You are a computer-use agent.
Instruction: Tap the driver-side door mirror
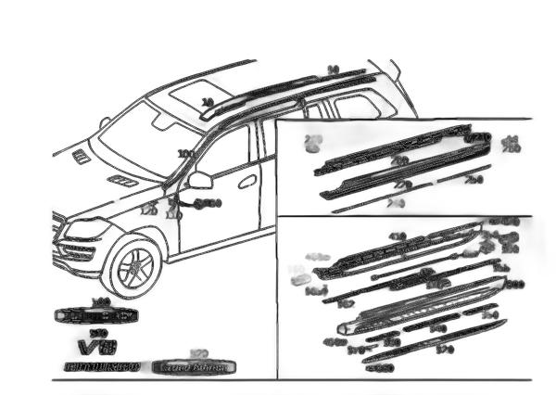(x=200, y=180)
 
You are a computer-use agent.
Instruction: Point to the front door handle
(x=246, y=182)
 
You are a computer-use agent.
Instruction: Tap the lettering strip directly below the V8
(x=102, y=368)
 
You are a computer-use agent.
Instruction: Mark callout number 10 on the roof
(x=208, y=102)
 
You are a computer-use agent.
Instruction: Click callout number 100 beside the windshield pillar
(x=186, y=153)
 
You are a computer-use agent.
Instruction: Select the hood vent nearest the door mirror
(x=121, y=179)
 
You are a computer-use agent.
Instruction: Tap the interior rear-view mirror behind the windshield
(x=165, y=121)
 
